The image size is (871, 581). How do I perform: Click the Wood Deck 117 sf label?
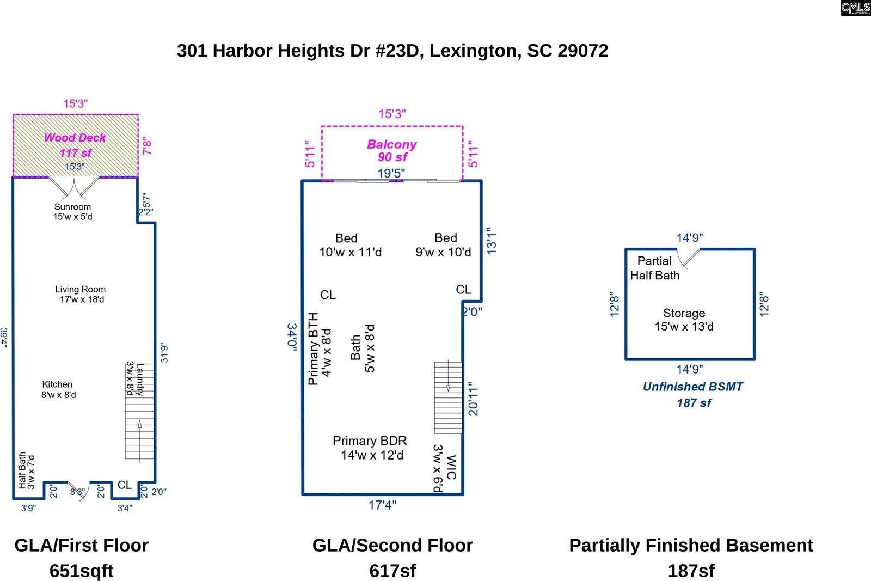pyautogui.click(x=75, y=145)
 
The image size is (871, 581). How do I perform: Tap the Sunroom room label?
pyautogui.click(x=72, y=211)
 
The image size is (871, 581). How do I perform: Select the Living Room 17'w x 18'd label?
pyautogui.click(x=81, y=294)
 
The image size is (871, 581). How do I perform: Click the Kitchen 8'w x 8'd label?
pyautogui.click(x=58, y=389)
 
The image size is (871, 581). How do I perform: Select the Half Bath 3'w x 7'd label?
pyautogui.click(x=26, y=470)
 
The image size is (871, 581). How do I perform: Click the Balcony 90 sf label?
pyautogui.click(x=392, y=151)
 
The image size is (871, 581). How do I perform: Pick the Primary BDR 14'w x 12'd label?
pyautogui.click(x=370, y=448)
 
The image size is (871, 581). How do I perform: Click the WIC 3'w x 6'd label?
pyautogui.click(x=444, y=468)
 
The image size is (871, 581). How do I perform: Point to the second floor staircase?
pyautogui.click(x=448, y=397)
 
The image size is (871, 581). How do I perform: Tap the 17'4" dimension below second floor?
pyautogui.click(x=382, y=505)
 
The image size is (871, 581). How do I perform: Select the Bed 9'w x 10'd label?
pyautogui.click(x=444, y=245)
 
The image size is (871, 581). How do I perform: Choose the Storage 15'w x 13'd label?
pyautogui.click(x=684, y=320)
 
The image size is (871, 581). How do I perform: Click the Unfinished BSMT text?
pyautogui.click(x=692, y=387)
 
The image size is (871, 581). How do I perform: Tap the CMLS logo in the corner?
pyautogui.click(x=855, y=8)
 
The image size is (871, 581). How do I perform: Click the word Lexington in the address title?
pyautogui.click(x=473, y=51)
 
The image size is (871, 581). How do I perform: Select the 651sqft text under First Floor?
pyautogui.click(x=81, y=570)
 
